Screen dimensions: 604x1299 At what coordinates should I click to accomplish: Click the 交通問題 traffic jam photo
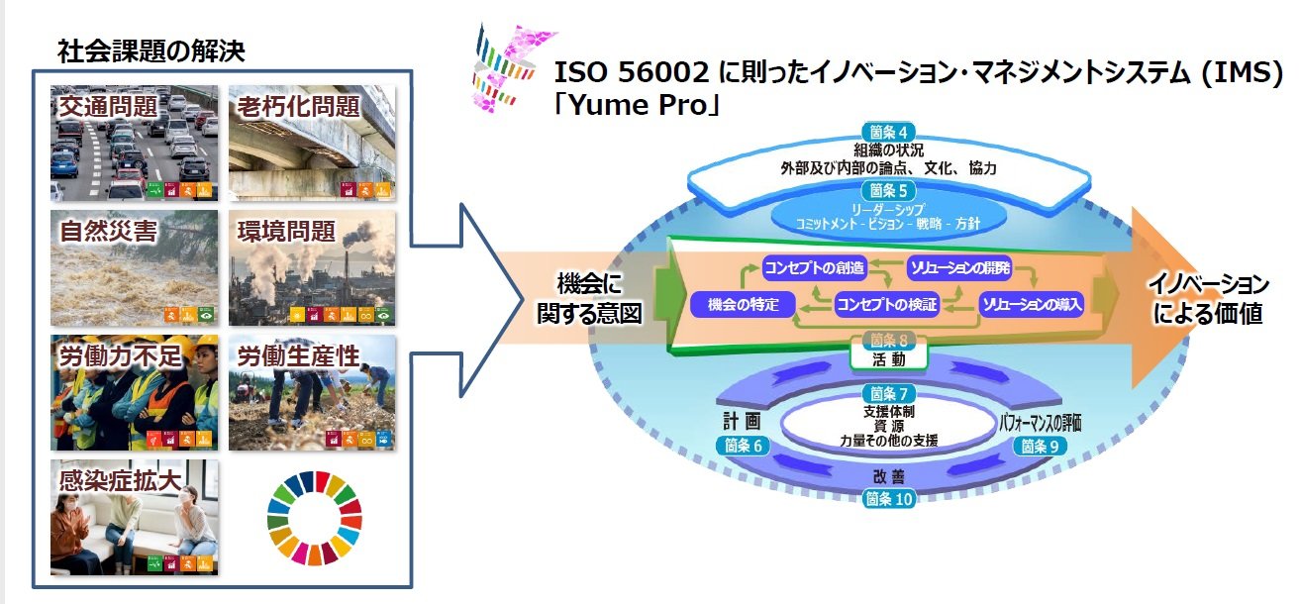[x=134, y=144]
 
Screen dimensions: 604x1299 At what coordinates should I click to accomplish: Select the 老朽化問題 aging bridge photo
[x=312, y=144]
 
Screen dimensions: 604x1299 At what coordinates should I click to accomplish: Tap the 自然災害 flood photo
[x=134, y=267]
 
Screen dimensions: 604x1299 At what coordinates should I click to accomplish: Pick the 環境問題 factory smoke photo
[x=312, y=267]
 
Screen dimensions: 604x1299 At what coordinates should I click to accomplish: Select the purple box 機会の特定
[x=744, y=305]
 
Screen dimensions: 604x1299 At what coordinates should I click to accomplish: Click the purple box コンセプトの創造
[x=815, y=267]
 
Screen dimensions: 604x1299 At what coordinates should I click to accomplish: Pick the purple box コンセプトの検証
[x=886, y=305]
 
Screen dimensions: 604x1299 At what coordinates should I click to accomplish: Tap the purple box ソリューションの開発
[x=958, y=267]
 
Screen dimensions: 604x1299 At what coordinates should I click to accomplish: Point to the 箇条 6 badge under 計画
[x=743, y=446]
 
